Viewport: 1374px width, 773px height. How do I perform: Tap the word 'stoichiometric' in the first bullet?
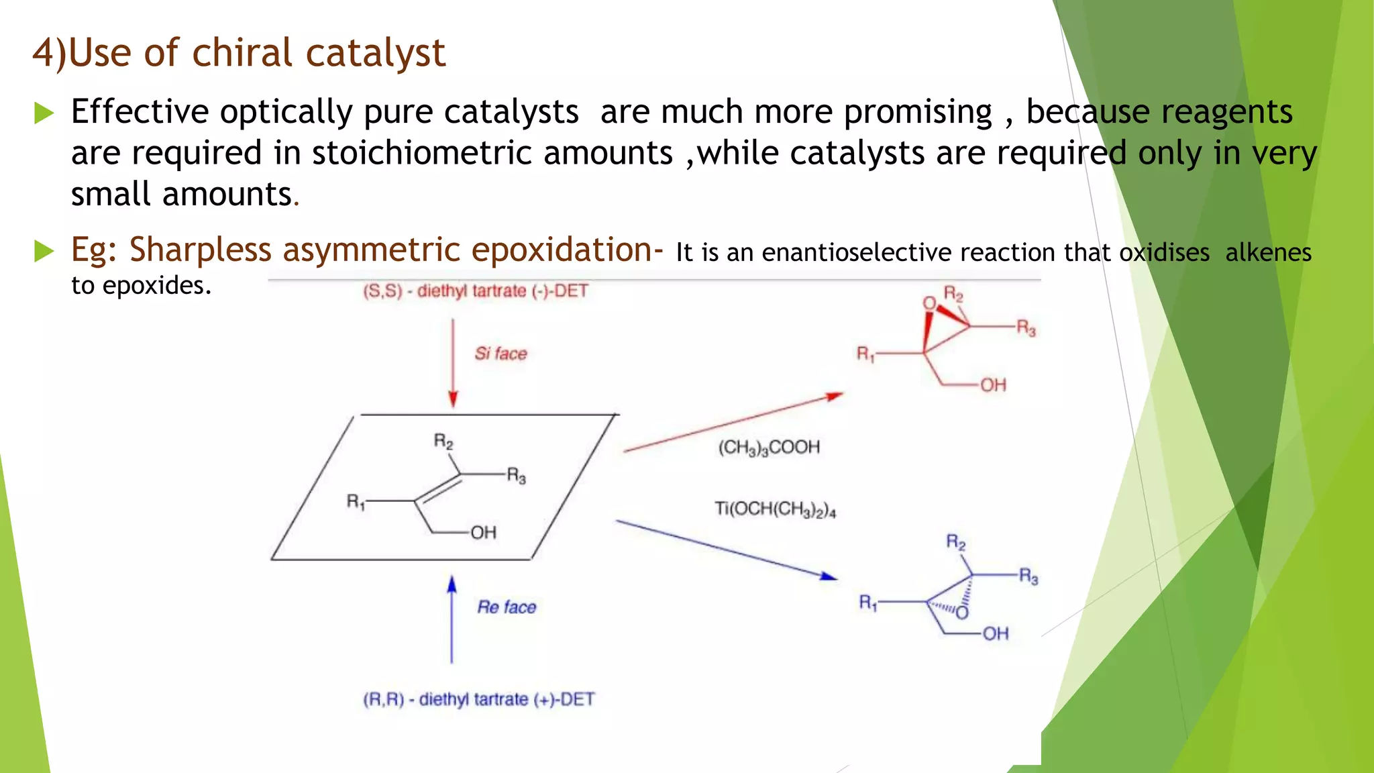click(425, 153)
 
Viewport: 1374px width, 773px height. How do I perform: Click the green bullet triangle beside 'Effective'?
click(44, 113)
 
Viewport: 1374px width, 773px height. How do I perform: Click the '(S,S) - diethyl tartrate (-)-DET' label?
click(475, 291)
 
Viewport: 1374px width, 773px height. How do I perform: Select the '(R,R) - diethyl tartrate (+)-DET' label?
click(478, 699)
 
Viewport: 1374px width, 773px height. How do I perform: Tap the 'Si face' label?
click(500, 354)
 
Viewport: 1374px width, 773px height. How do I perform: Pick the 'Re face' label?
click(507, 607)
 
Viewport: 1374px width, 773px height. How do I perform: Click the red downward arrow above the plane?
click(453, 362)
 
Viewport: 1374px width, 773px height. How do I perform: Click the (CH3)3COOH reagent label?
click(769, 448)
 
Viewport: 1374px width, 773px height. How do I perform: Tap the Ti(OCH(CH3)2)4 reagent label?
click(775, 509)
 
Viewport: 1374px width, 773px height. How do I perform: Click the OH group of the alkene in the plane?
click(483, 533)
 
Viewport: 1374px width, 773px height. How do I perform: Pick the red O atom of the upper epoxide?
click(929, 304)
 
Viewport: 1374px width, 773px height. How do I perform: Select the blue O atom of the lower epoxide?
click(962, 613)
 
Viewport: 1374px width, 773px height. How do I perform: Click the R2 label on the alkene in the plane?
click(443, 442)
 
